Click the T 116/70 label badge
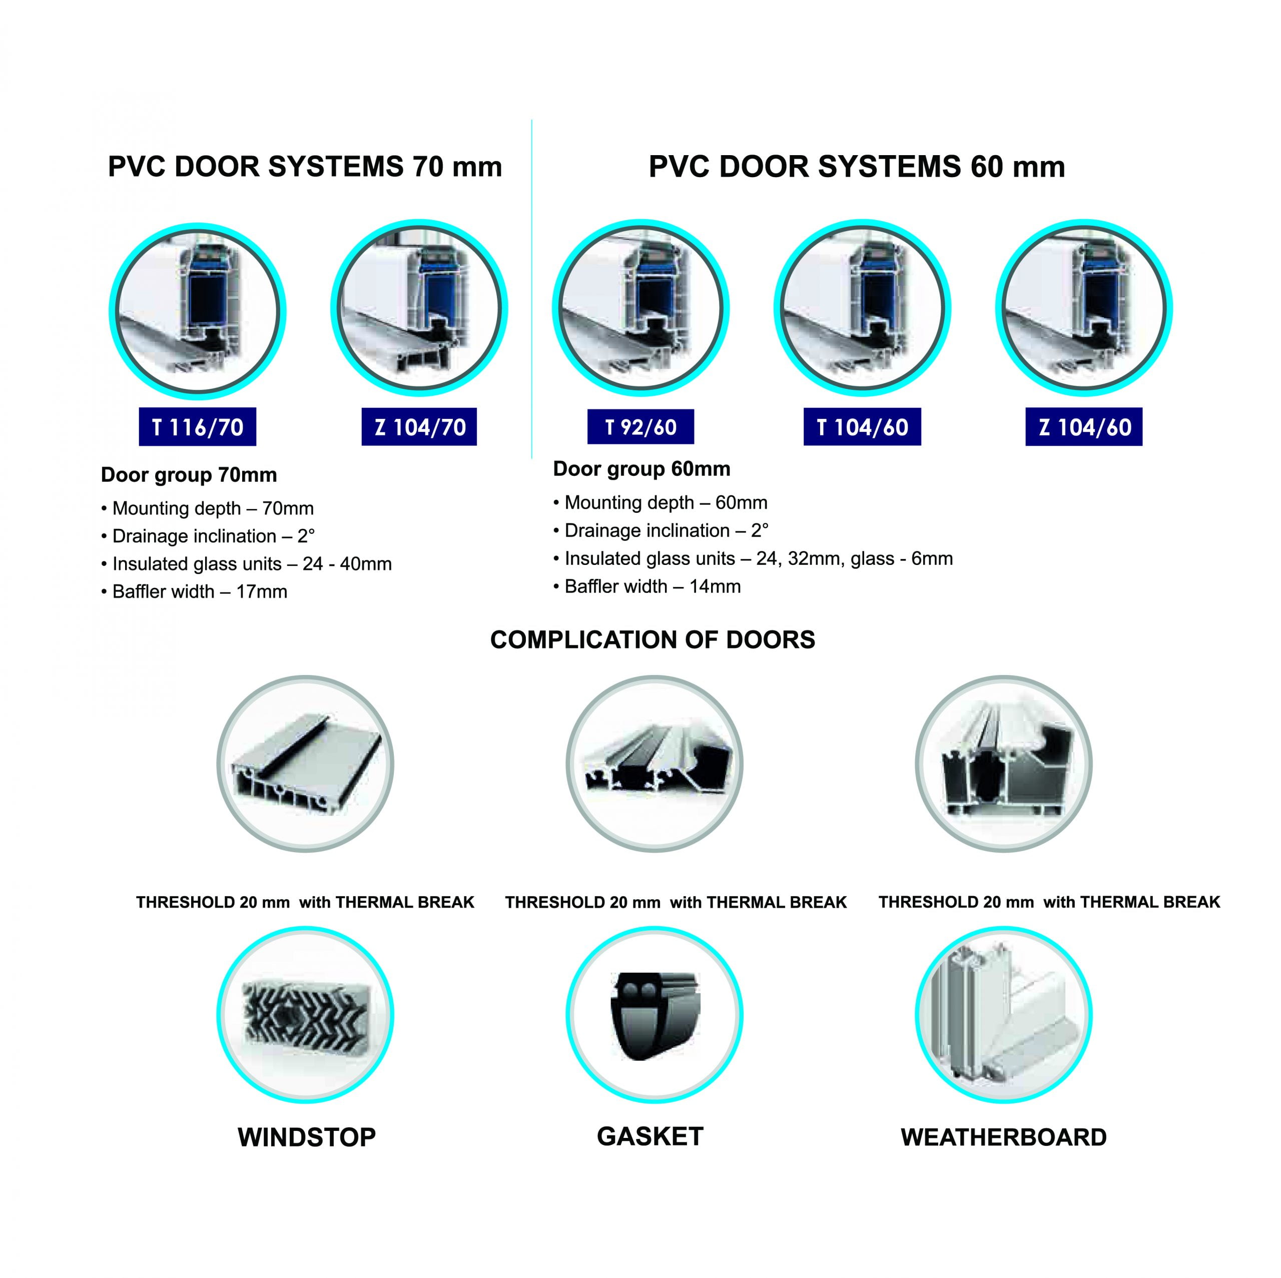pos(197,426)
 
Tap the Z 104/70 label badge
pos(419,426)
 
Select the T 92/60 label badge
pos(640,426)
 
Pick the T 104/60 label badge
pos(862,426)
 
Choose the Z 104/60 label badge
pos(1084,426)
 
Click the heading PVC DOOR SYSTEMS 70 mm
pos(305,167)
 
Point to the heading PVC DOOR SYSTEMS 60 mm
pos(857,167)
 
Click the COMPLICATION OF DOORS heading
pos(653,640)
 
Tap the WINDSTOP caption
pos(306,1137)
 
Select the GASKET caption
pos(650,1136)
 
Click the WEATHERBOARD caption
pos(1004,1137)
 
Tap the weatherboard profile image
pos(1004,1015)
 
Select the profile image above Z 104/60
pos(1084,308)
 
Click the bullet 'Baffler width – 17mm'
pos(194,591)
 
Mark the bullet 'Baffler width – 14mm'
pos(647,586)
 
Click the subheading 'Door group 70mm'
pos(189,475)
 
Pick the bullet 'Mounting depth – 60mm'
pos(661,503)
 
